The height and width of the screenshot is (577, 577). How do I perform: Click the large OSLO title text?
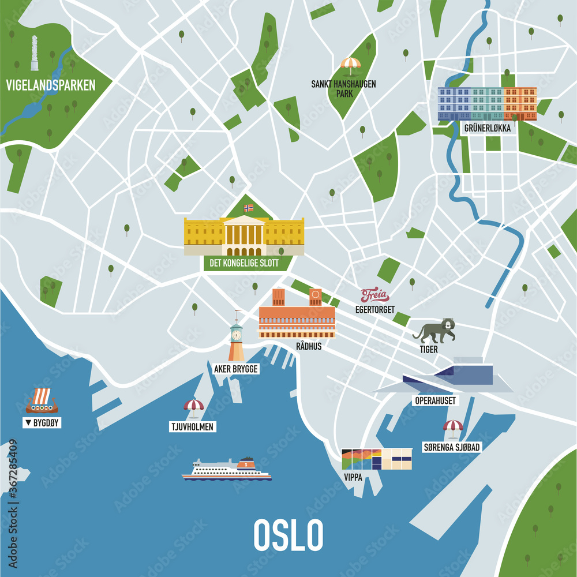288,535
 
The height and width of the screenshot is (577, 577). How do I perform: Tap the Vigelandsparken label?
51,86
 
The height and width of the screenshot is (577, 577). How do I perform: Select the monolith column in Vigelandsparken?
35,53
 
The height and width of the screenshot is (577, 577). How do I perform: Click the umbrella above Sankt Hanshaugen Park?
350,64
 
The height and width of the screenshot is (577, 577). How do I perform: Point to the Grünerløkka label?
487,128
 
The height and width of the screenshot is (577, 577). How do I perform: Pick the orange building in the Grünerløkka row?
520,103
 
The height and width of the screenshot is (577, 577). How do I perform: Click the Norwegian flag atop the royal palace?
249,208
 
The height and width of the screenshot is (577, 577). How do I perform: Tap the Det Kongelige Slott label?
241,263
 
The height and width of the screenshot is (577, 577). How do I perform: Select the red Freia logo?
375,296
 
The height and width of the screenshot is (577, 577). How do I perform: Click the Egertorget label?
375,310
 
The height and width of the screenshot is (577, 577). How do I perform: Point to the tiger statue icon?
434,331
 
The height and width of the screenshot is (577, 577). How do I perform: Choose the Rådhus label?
308,346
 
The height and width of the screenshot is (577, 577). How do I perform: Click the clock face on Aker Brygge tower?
236,334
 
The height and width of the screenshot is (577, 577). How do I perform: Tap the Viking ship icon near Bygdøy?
42,400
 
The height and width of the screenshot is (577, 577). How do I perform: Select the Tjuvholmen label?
193,427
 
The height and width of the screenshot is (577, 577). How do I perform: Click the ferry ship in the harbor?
227,470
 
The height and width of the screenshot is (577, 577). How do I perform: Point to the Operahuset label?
435,400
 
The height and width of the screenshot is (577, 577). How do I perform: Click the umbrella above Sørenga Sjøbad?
453,427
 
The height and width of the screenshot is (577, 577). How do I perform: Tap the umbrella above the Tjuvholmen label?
193,406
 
